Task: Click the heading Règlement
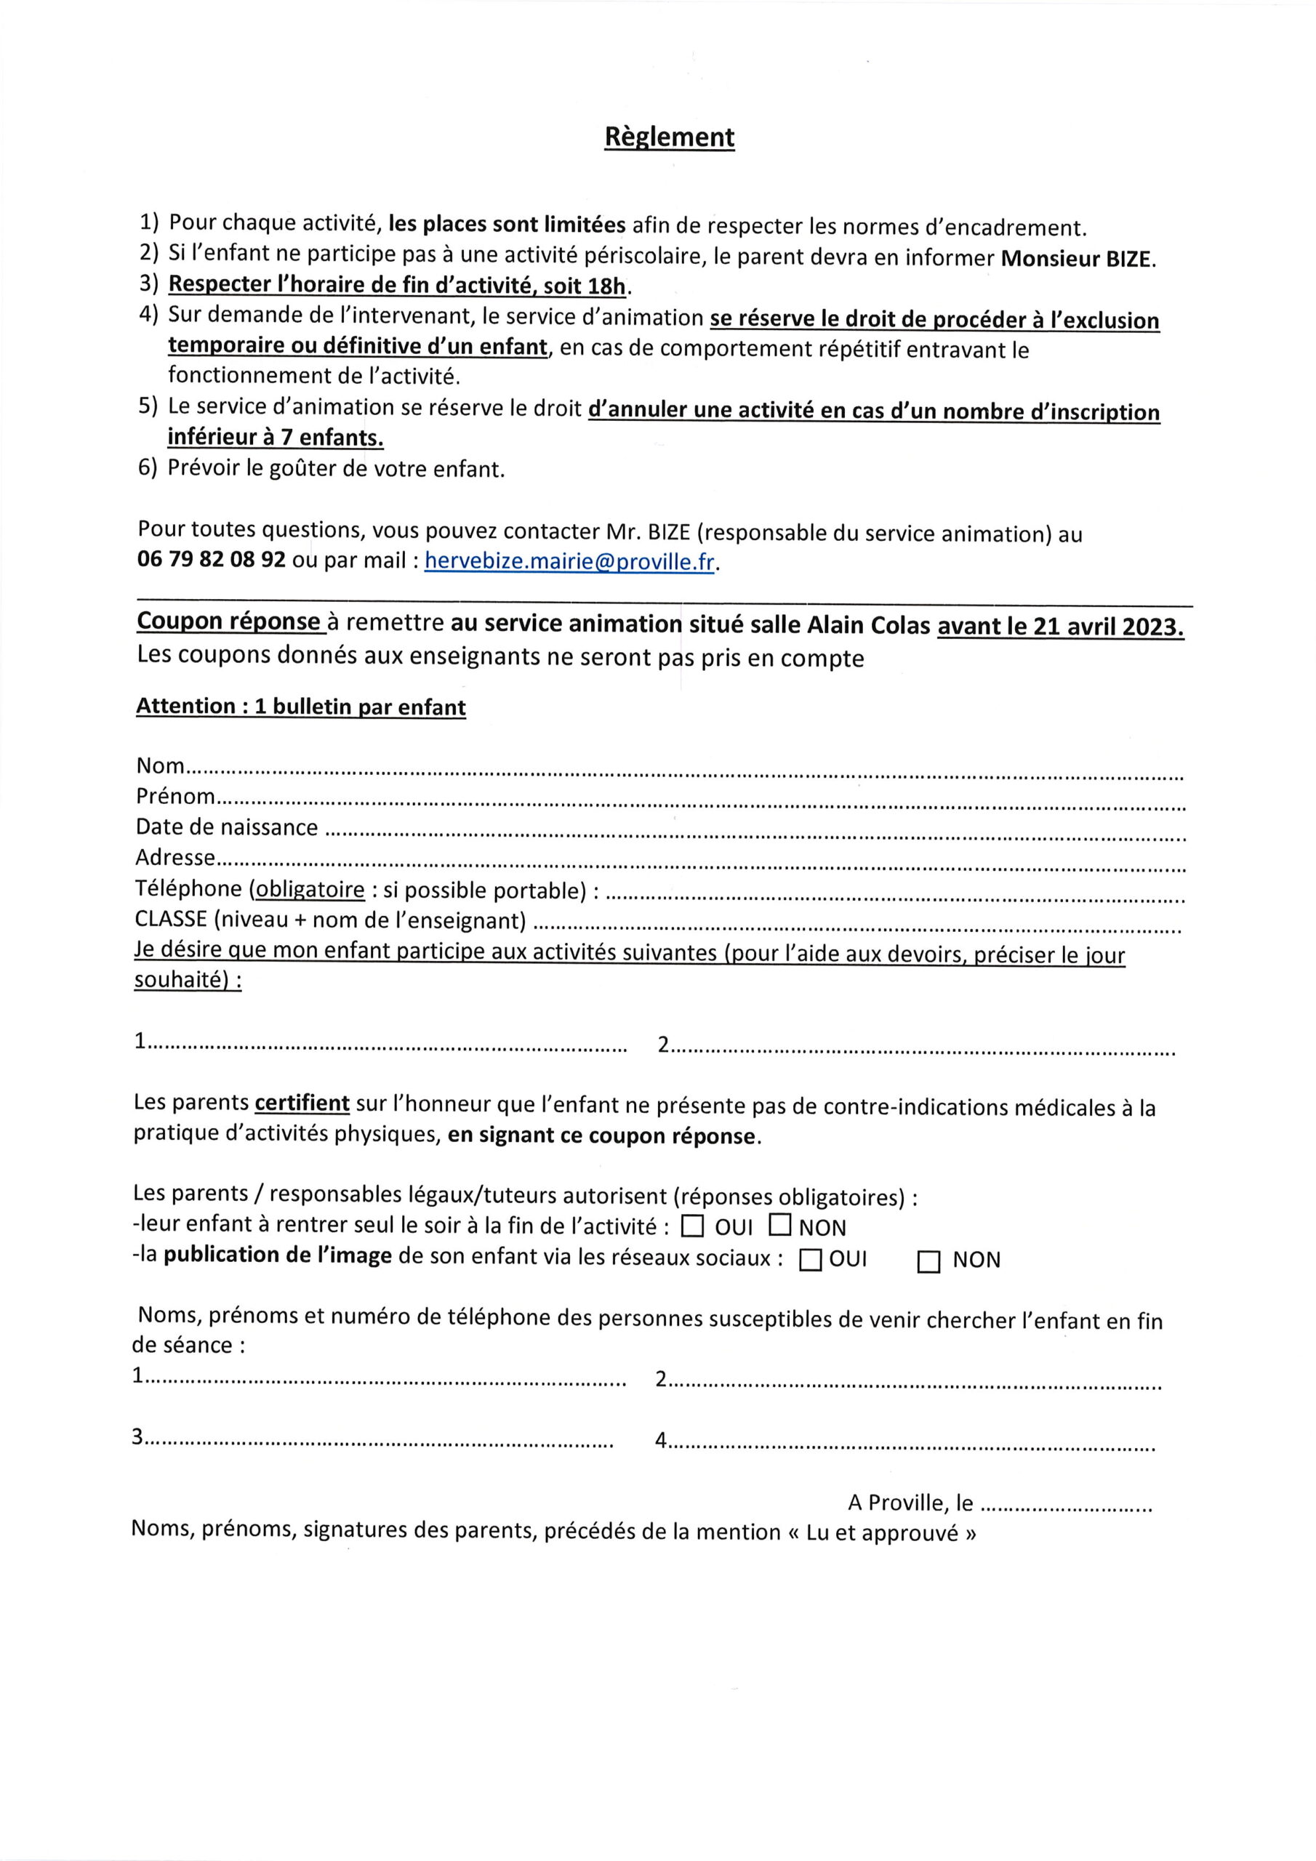pos(669,137)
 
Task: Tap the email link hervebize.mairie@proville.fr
pos(569,561)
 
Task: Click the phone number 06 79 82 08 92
pos(212,560)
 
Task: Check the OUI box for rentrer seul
pos(691,1227)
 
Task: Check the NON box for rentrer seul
pos(779,1226)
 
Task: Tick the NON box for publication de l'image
pos(928,1262)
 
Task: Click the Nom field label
pos(160,765)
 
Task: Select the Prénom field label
pos(175,796)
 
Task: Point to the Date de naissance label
pos(226,827)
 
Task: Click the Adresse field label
pos(175,858)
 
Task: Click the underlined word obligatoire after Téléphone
pos(309,889)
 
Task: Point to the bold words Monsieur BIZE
pos(1078,259)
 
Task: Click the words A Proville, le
pos(910,1503)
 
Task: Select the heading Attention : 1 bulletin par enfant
pos(301,706)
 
